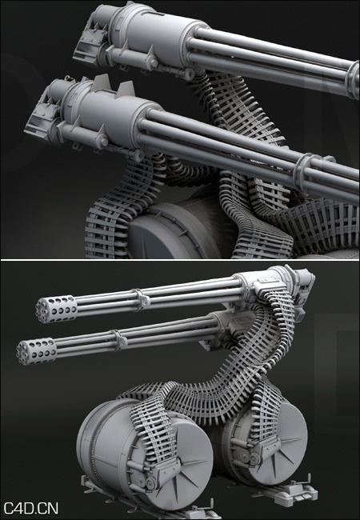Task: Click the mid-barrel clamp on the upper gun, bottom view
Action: tap(142, 300)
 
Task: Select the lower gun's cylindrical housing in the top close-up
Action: tap(112, 108)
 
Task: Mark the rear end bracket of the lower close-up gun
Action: tap(40, 120)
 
